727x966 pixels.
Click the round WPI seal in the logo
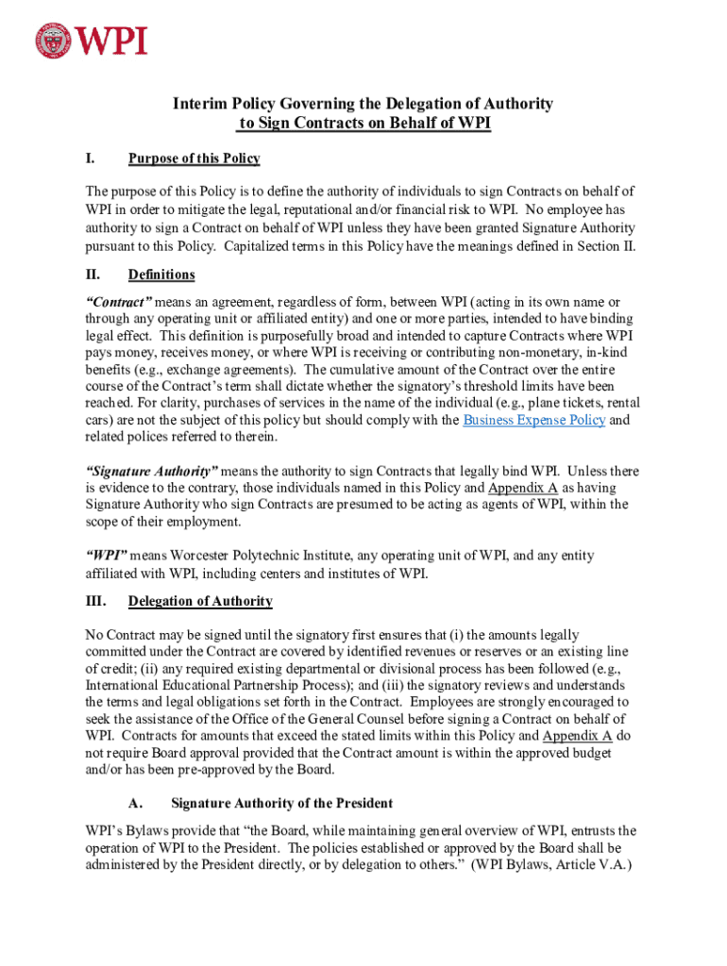[54, 41]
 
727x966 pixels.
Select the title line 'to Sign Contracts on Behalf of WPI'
[363, 124]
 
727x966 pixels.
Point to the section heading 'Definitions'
[161, 275]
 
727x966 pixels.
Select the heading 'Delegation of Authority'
[200, 601]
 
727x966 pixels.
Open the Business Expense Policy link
[533, 420]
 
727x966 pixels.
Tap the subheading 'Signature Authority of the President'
[281, 804]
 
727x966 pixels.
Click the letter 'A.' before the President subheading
[135, 804]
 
